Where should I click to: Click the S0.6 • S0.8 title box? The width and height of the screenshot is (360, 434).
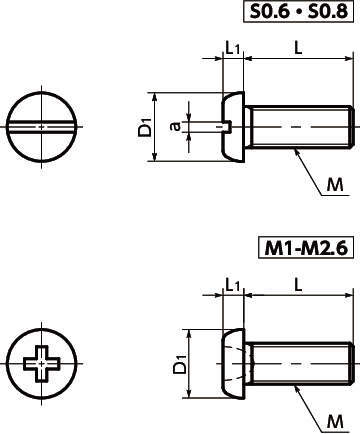point(298,11)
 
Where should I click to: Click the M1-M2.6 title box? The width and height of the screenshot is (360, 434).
point(306,248)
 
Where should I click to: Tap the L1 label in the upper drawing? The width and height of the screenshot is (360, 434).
point(233,49)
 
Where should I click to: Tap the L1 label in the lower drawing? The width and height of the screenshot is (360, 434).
point(233,285)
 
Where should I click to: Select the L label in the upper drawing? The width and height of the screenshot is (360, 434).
point(298,48)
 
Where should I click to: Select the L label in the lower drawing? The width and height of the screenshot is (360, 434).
point(298,285)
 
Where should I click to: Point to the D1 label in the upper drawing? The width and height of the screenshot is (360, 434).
point(145,127)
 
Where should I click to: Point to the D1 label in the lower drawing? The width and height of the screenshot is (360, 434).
point(180,364)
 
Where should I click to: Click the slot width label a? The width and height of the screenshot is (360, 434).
point(175,126)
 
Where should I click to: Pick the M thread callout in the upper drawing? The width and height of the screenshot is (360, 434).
point(335,185)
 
